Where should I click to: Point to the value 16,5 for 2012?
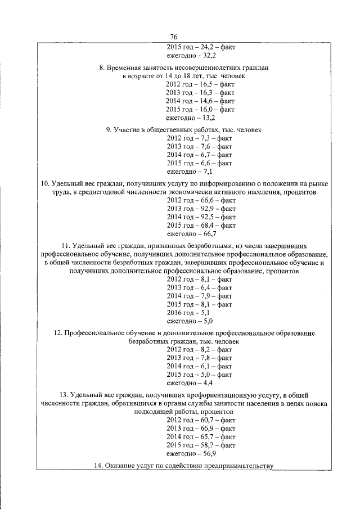click(x=201, y=83)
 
